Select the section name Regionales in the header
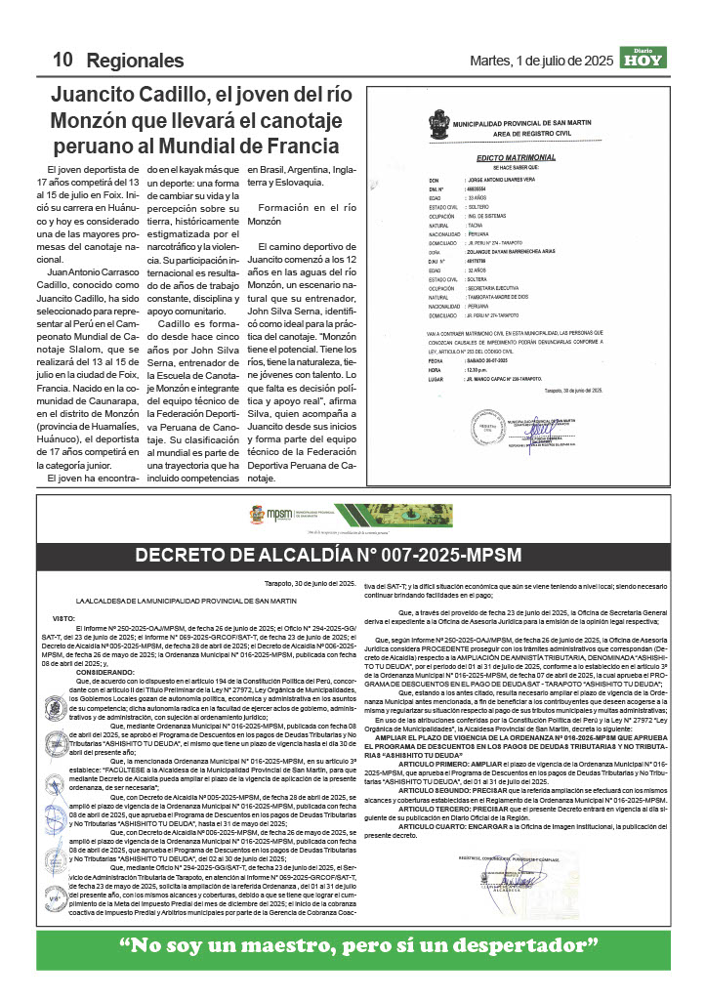[x=135, y=61]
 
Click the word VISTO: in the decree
[x=62, y=618]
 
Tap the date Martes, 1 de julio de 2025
[x=556, y=61]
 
